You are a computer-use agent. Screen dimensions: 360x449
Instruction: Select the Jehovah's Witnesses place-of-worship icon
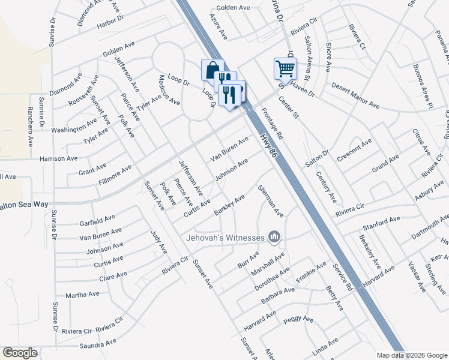click(275, 238)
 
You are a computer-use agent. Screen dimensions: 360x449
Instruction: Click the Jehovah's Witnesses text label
click(225, 238)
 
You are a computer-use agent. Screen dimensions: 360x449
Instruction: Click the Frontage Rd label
click(273, 124)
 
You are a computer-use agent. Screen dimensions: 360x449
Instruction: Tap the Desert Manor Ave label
click(355, 95)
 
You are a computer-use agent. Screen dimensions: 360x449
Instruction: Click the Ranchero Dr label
click(29, 127)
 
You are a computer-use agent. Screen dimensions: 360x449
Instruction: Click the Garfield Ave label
click(97, 220)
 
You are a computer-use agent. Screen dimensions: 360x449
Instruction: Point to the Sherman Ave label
click(270, 200)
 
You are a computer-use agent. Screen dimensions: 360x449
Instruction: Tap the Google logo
click(20, 353)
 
